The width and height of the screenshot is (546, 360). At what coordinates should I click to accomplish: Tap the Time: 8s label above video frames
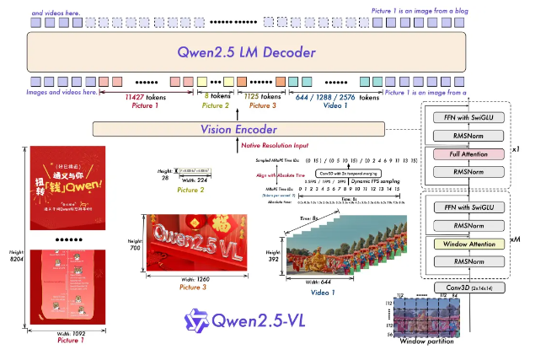[x=331, y=218]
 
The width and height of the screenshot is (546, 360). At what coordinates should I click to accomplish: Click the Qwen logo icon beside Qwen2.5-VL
[x=196, y=320]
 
